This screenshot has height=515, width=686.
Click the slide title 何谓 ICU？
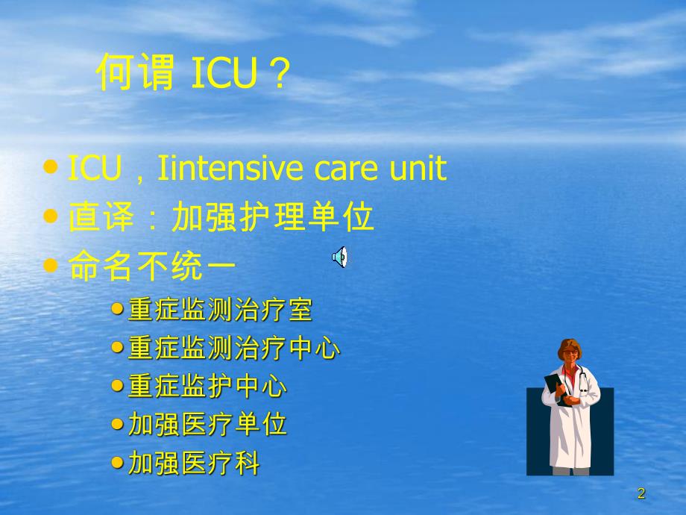tap(192, 75)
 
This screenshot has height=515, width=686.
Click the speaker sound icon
tap(339, 257)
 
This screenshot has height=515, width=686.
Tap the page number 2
tap(641, 493)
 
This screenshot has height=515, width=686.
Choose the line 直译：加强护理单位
tap(221, 218)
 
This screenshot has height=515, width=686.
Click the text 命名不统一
tap(153, 266)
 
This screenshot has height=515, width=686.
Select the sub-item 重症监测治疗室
tap(220, 309)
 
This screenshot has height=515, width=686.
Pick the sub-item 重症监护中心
tap(207, 387)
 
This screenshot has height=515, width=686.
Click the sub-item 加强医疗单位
tap(207, 425)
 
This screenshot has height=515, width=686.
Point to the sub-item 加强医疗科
tap(194, 464)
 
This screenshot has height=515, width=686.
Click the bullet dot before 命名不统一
tap(51, 265)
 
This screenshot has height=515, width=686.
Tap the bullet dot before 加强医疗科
tap(117, 463)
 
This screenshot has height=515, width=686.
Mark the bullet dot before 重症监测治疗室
tap(117, 308)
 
